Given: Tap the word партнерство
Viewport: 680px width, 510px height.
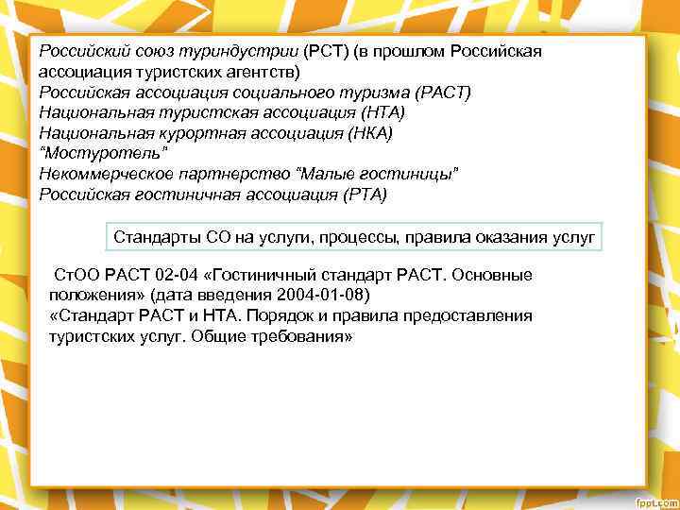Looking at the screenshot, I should [x=225, y=175].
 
